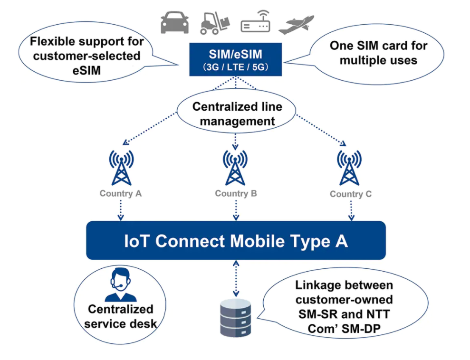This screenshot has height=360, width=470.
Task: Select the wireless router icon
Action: pyautogui.click(x=255, y=22)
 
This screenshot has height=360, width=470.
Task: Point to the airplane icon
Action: pyautogui.click(x=297, y=24)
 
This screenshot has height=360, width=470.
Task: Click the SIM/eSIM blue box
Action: pyautogui.click(x=236, y=59)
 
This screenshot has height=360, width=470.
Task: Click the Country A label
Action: pyautogui.click(x=121, y=194)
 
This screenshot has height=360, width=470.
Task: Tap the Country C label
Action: pyautogui.click(x=351, y=194)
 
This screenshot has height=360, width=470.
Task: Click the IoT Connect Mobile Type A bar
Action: pyautogui.click(x=236, y=241)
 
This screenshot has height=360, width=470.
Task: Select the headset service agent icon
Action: pyautogui.click(x=121, y=286)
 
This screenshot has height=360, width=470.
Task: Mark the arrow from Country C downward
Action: pyautogui.click(x=351, y=210)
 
